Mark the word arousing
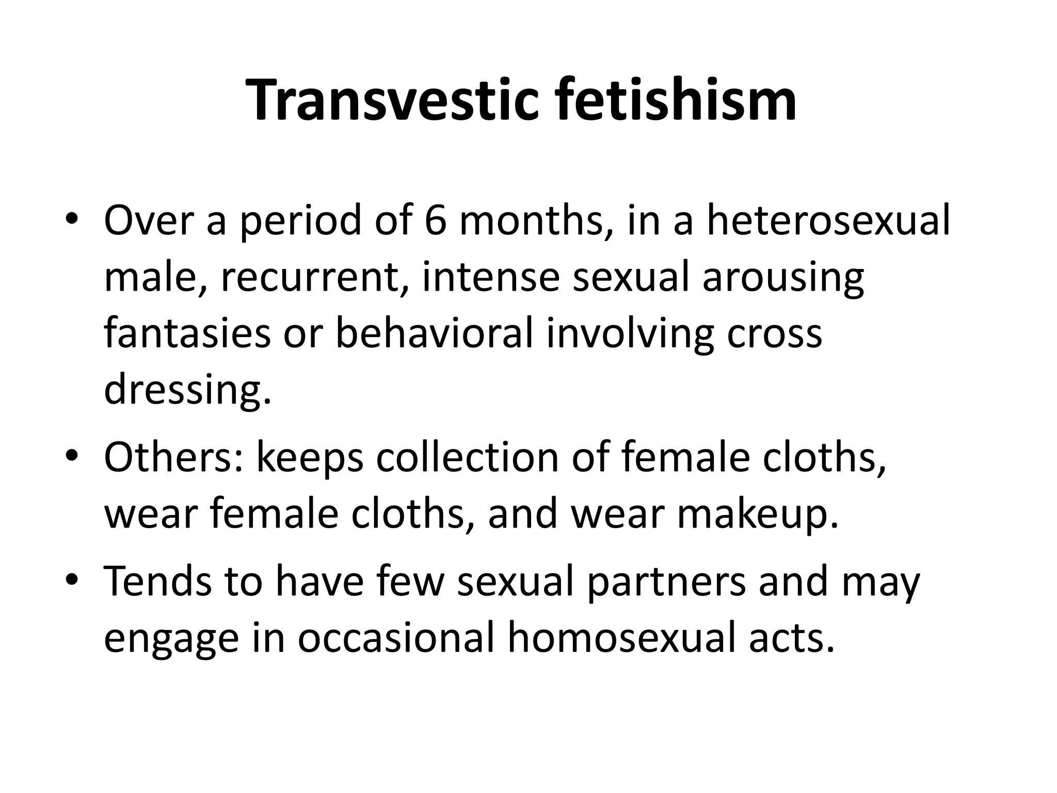click(x=783, y=277)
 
